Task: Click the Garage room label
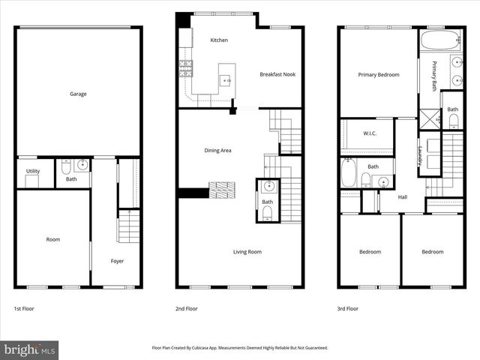(x=78, y=94)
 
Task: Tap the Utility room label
(x=33, y=171)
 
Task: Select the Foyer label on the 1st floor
(x=118, y=261)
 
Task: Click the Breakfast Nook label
(x=277, y=74)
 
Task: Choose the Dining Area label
(x=217, y=150)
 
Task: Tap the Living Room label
(x=247, y=252)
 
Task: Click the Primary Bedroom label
(x=378, y=74)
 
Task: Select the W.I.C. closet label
(x=369, y=134)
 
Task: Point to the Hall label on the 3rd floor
(x=403, y=196)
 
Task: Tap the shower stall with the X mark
(x=429, y=118)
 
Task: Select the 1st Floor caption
(x=23, y=308)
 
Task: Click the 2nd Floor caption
(x=187, y=308)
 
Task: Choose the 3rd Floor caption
(x=347, y=308)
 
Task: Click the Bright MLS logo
(x=29, y=349)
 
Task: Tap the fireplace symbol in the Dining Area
(x=222, y=190)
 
